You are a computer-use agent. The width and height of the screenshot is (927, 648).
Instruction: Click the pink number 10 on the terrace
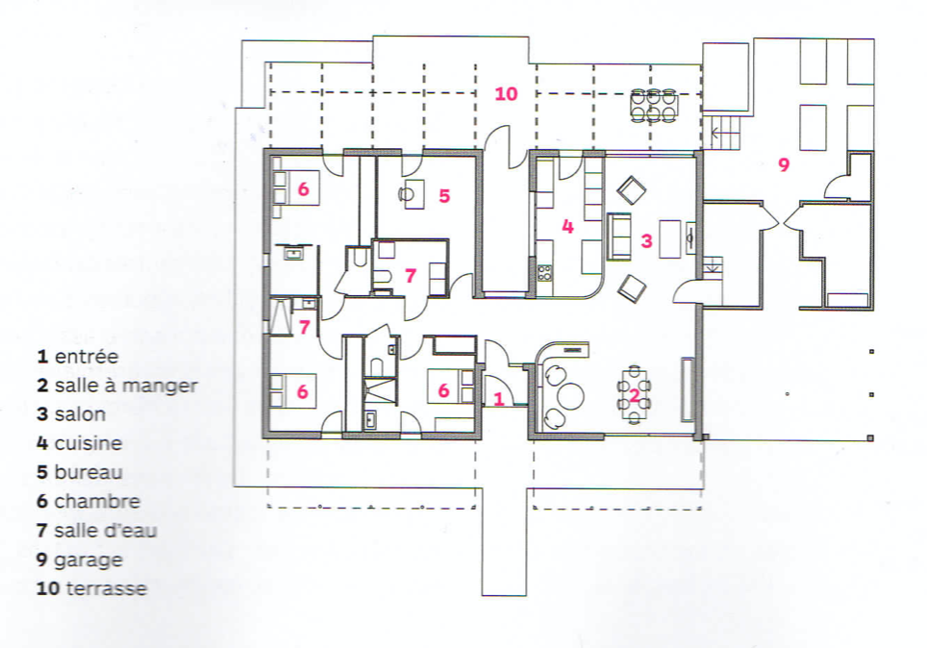point(506,93)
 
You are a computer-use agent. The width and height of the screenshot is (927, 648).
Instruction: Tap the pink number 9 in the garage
point(784,164)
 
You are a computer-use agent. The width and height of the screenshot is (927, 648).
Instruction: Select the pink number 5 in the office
point(444,196)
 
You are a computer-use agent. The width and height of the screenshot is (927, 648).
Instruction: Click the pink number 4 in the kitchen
point(567,227)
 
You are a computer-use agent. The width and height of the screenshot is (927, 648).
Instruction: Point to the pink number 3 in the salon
point(647,240)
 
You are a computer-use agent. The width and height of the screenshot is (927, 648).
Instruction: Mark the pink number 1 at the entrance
point(498,399)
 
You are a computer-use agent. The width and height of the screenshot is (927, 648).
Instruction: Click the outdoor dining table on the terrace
point(653,106)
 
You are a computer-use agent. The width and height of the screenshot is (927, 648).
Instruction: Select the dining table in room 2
point(634,395)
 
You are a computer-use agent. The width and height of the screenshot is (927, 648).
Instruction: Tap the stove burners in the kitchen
point(544,273)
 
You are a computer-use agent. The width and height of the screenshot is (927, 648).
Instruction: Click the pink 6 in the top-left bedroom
point(303,188)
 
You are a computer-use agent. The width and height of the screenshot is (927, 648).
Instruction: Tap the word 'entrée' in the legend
point(87,356)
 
